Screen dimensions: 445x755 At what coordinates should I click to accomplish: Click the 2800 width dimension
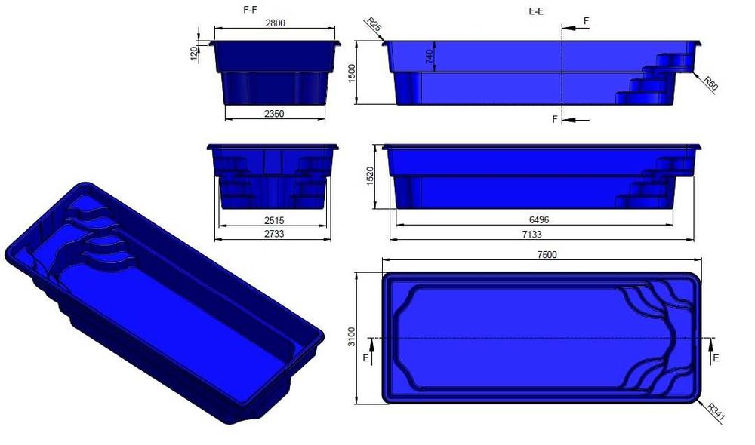click(275, 23)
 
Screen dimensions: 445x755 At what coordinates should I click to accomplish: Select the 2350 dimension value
click(275, 114)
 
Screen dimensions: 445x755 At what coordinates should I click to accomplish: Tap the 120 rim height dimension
click(193, 52)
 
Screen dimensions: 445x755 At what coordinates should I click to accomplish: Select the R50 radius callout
click(710, 83)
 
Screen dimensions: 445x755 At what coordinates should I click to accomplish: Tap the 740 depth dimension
click(430, 59)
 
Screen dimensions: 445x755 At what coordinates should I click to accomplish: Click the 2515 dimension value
click(275, 221)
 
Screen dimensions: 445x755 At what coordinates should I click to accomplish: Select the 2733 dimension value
click(275, 235)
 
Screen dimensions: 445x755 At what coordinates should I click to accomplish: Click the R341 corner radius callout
click(715, 411)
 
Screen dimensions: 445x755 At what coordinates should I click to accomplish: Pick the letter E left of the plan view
click(365, 358)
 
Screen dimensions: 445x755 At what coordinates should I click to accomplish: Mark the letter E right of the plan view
click(716, 358)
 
